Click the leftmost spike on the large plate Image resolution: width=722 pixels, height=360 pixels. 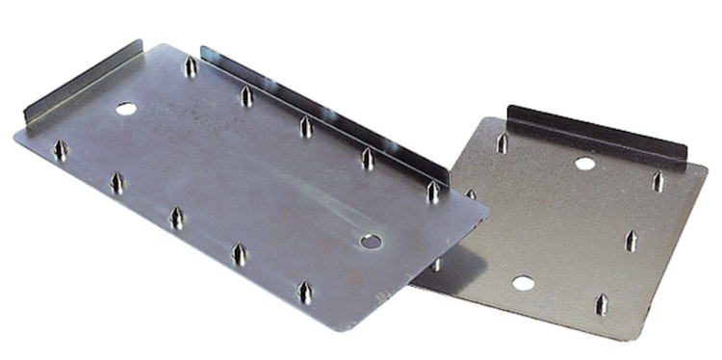(x=61, y=150)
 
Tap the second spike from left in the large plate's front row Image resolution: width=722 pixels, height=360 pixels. (x=116, y=182)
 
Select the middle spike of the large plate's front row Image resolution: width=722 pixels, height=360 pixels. (x=176, y=218)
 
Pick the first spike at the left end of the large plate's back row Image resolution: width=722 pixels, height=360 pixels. (x=190, y=67)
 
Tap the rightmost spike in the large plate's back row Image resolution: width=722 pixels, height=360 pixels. (x=433, y=192)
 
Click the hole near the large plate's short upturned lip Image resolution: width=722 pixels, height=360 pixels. (x=125, y=109)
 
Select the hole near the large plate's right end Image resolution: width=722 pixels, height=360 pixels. (x=370, y=240)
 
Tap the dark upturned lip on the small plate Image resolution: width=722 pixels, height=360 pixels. (x=597, y=134)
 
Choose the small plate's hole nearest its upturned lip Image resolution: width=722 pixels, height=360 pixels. (x=584, y=164)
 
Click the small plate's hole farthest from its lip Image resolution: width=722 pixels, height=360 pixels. (x=523, y=283)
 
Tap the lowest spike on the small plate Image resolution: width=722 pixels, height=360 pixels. (x=602, y=305)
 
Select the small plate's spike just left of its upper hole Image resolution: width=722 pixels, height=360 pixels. (x=502, y=143)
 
